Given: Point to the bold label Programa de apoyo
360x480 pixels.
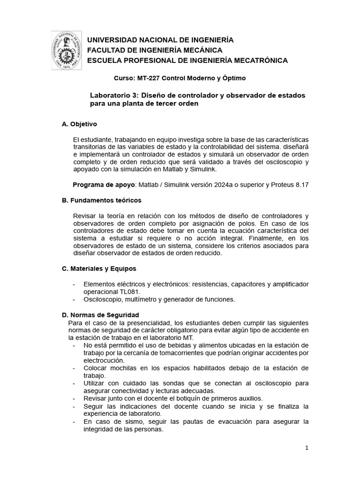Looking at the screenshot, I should click(x=103, y=184).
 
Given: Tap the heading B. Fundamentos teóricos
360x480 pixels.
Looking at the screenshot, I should click(x=102, y=200).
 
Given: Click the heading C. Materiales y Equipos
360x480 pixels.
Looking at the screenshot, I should click(x=99, y=269).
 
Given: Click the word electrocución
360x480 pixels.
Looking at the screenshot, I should click(x=104, y=360).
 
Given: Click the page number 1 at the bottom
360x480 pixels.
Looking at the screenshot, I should click(x=307, y=448).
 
